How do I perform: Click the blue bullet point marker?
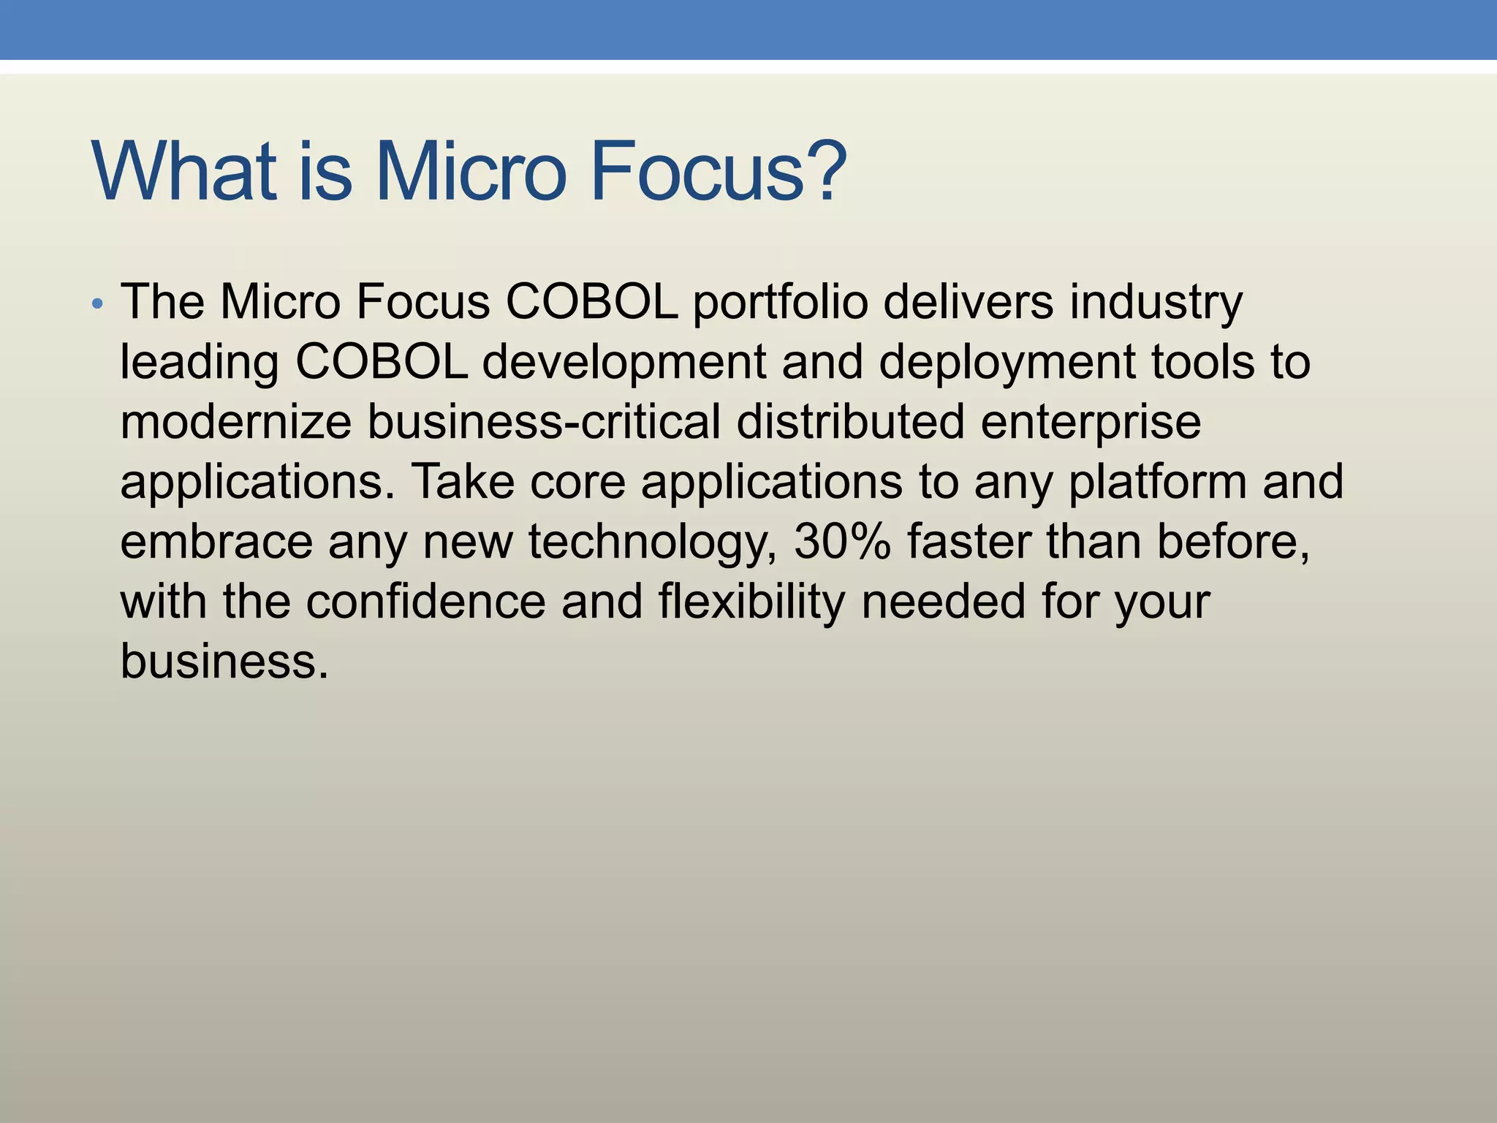[98, 304]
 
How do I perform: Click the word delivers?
[969, 301]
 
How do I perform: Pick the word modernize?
[235, 422]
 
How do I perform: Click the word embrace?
[216, 542]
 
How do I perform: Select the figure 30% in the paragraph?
[842, 542]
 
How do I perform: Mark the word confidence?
[425, 602]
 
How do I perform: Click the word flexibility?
[751, 603]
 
